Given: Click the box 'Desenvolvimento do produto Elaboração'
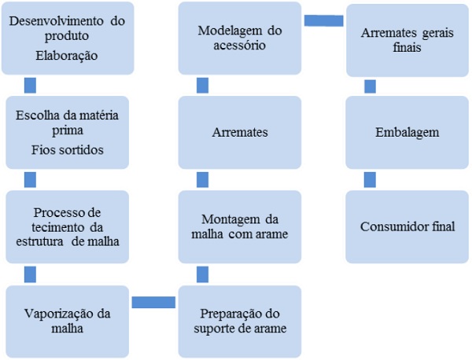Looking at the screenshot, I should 66,38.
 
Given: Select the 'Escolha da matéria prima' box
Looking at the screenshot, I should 66,131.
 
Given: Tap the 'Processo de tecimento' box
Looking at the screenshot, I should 66,226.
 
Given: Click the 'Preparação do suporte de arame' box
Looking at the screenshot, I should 238,321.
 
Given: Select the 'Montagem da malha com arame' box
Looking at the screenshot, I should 238,226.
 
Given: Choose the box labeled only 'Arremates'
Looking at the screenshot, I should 238,131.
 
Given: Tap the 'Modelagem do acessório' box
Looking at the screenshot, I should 238,38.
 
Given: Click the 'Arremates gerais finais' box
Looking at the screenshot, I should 407,39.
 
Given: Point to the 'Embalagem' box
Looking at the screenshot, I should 407,131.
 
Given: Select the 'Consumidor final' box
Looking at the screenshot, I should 407,226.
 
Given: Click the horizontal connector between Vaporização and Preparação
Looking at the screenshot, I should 153,302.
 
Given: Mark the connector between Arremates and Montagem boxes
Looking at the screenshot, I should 202,179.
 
